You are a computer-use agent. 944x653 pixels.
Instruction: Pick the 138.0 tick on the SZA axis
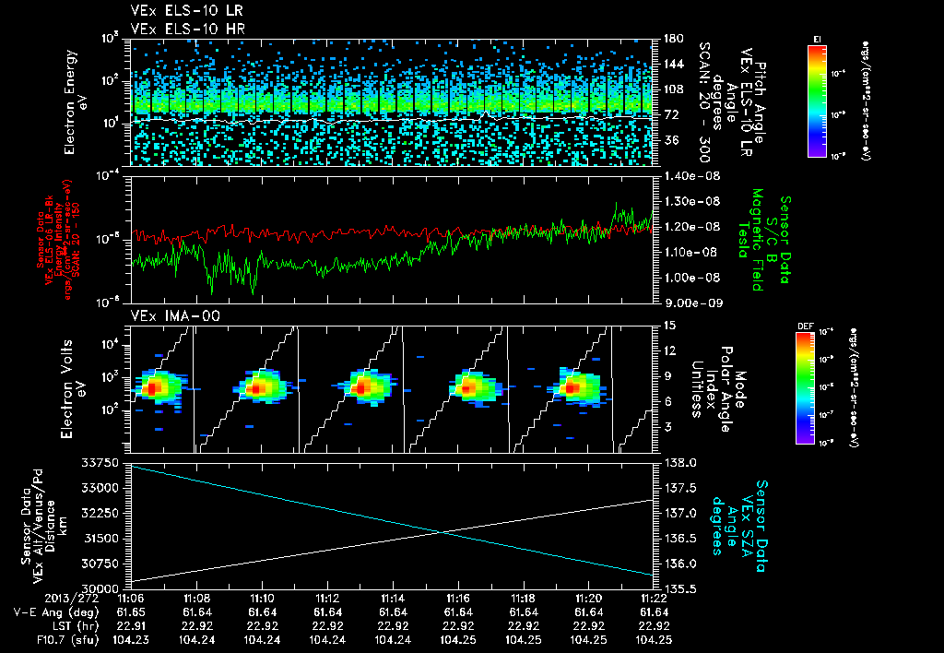(678, 462)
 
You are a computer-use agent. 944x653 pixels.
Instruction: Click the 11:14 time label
(394, 599)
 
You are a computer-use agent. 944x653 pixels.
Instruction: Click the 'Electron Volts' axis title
(70, 386)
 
